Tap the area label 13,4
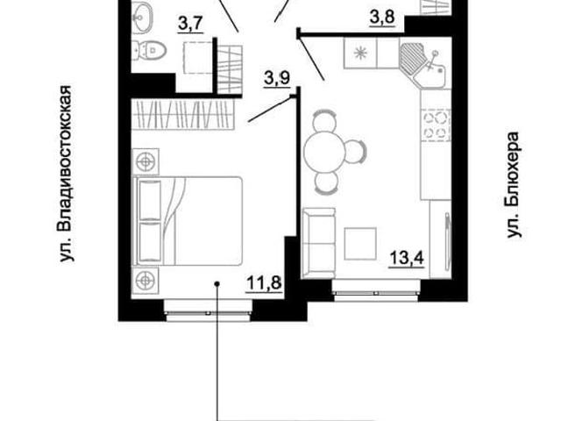click(407, 257)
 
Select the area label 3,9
click(277, 78)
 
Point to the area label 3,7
click(191, 25)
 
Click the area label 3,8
click(382, 17)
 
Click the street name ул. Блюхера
click(514, 185)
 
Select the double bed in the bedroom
click(188, 221)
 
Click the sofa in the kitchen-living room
click(319, 243)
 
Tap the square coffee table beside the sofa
click(360, 244)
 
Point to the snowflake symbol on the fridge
click(360, 53)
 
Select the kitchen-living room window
click(376, 290)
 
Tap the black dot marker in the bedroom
click(217, 284)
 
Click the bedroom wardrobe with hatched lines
click(183, 114)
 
